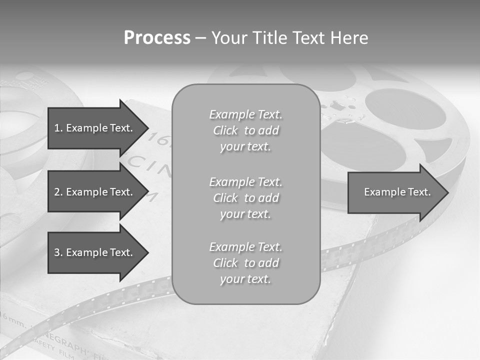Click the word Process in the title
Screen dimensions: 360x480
[x=157, y=38]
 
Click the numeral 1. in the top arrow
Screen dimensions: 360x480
[x=58, y=128]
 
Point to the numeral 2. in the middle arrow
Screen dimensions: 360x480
[x=58, y=192]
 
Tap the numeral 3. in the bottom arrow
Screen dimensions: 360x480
[x=58, y=252]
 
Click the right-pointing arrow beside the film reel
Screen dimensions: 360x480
[x=395, y=192]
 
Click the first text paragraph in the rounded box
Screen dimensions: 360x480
[x=245, y=130]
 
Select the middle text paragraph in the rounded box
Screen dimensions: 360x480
[x=245, y=198]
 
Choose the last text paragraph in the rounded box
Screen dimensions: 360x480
[x=245, y=263]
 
